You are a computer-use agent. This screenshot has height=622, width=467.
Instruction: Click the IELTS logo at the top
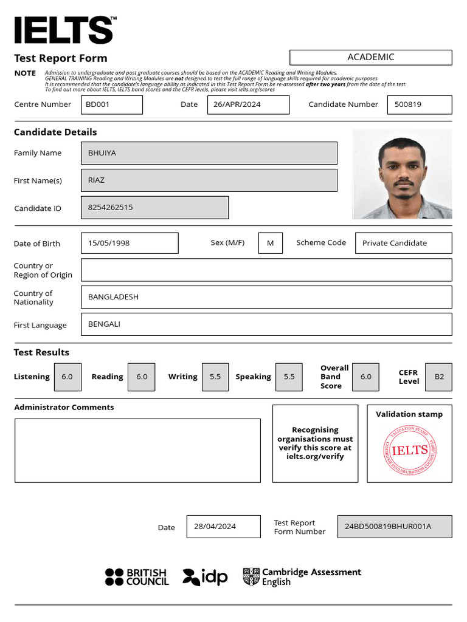(64, 30)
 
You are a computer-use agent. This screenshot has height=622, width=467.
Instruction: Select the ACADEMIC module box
(370, 57)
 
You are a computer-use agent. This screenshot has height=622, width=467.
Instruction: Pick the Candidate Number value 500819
(419, 104)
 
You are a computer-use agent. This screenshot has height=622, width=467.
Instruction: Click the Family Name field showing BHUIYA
(209, 153)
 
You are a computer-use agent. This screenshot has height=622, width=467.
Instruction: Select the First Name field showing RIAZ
(209, 180)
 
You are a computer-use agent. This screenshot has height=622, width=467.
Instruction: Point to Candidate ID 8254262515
(154, 207)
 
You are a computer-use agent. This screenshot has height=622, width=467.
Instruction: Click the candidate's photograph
(402, 174)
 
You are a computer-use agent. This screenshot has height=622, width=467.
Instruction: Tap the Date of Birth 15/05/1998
(129, 243)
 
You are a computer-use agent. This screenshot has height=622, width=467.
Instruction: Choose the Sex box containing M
(271, 243)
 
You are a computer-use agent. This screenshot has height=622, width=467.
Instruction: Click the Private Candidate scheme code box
(403, 243)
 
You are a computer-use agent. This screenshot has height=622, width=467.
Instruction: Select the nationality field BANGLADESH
(266, 297)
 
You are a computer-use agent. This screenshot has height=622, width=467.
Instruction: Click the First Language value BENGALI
(266, 324)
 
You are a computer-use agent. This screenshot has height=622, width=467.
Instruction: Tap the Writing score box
(215, 377)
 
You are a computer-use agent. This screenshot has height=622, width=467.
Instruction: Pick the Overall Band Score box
(365, 377)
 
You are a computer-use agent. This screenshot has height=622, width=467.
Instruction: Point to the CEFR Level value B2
(439, 377)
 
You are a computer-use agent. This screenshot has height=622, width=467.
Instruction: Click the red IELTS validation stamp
(409, 450)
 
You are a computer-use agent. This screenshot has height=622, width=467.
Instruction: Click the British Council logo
(137, 577)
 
